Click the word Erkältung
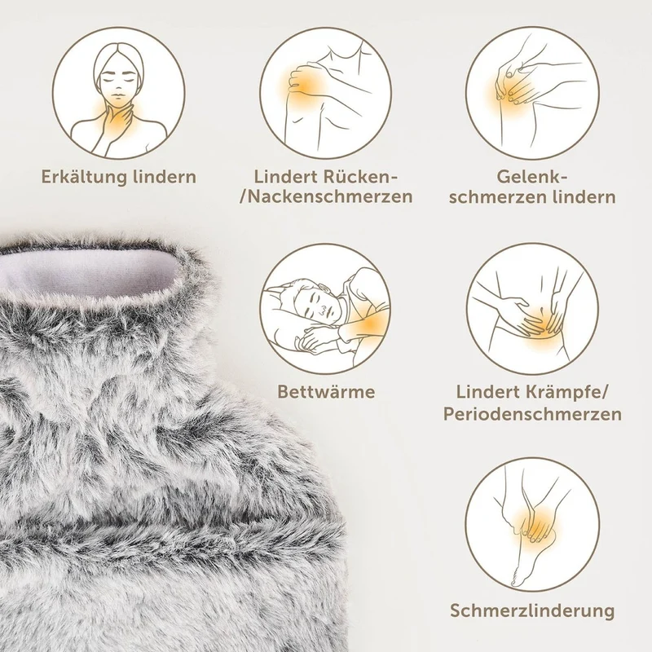point(83,178)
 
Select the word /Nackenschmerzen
point(327,196)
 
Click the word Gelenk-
point(532,177)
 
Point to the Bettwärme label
point(326,392)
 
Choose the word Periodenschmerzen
point(532,414)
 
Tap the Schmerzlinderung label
point(532,610)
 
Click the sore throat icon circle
point(119,93)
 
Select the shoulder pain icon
point(325,93)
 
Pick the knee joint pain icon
point(532,93)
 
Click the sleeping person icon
point(325,309)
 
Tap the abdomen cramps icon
point(532,309)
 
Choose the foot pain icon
point(532,525)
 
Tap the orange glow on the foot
point(536,525)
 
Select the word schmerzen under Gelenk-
point(498,197)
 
